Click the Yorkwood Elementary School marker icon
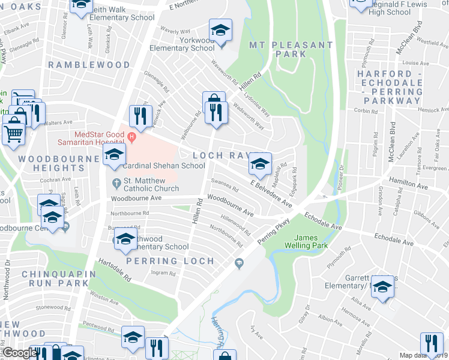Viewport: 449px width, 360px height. click(220, 30)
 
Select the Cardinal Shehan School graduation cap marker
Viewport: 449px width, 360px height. click(114, 155)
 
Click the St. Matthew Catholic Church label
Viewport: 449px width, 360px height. click(151, 184)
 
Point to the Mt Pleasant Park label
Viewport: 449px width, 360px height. click(287, 49)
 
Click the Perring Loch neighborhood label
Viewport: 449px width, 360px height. click(170, 261)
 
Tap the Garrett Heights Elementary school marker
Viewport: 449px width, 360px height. click(382, 287)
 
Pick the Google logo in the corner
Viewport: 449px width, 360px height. click(20, 353)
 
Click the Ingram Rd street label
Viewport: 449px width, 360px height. click(163, 273)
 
